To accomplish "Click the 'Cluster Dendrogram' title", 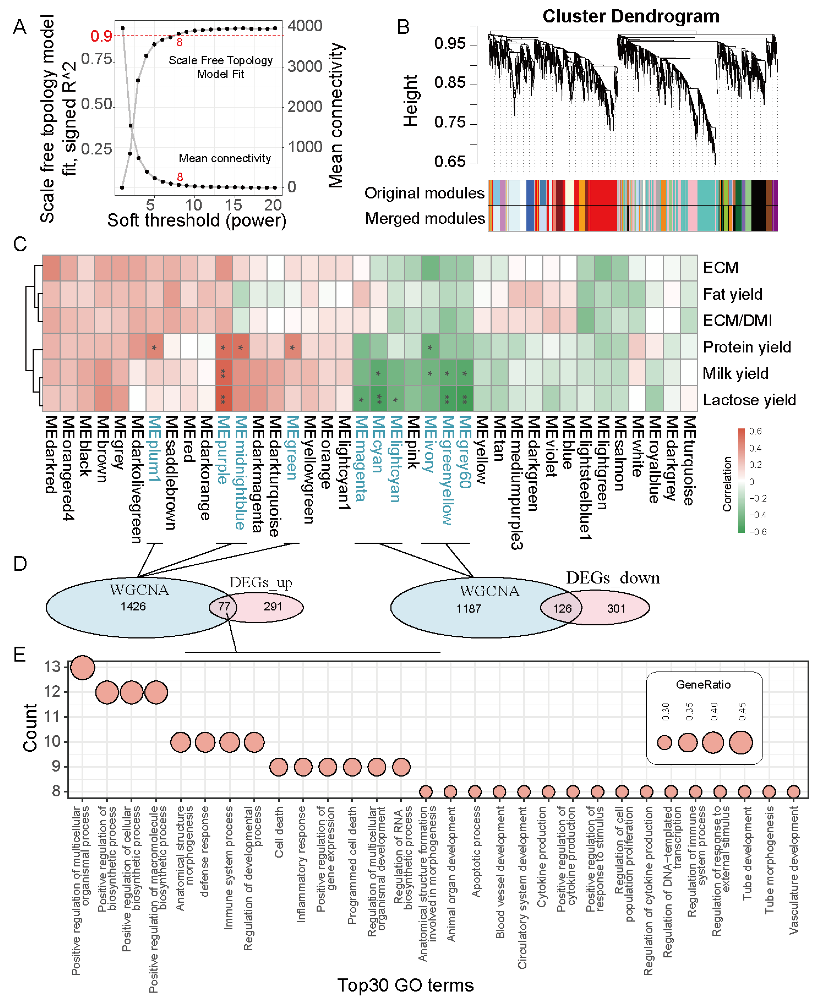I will [631, 16].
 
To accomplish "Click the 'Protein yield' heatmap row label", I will [746, 347].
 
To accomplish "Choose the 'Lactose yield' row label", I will [749, 400].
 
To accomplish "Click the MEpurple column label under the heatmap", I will [224, 450].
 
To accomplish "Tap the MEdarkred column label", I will [51, 454].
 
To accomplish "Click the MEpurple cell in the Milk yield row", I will [224, 373].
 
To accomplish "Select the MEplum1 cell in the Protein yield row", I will [154, 347].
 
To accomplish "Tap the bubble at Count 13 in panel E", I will [82, 667].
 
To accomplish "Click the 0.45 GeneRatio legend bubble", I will [741, 742].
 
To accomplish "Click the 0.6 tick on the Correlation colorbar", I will [755, 431].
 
